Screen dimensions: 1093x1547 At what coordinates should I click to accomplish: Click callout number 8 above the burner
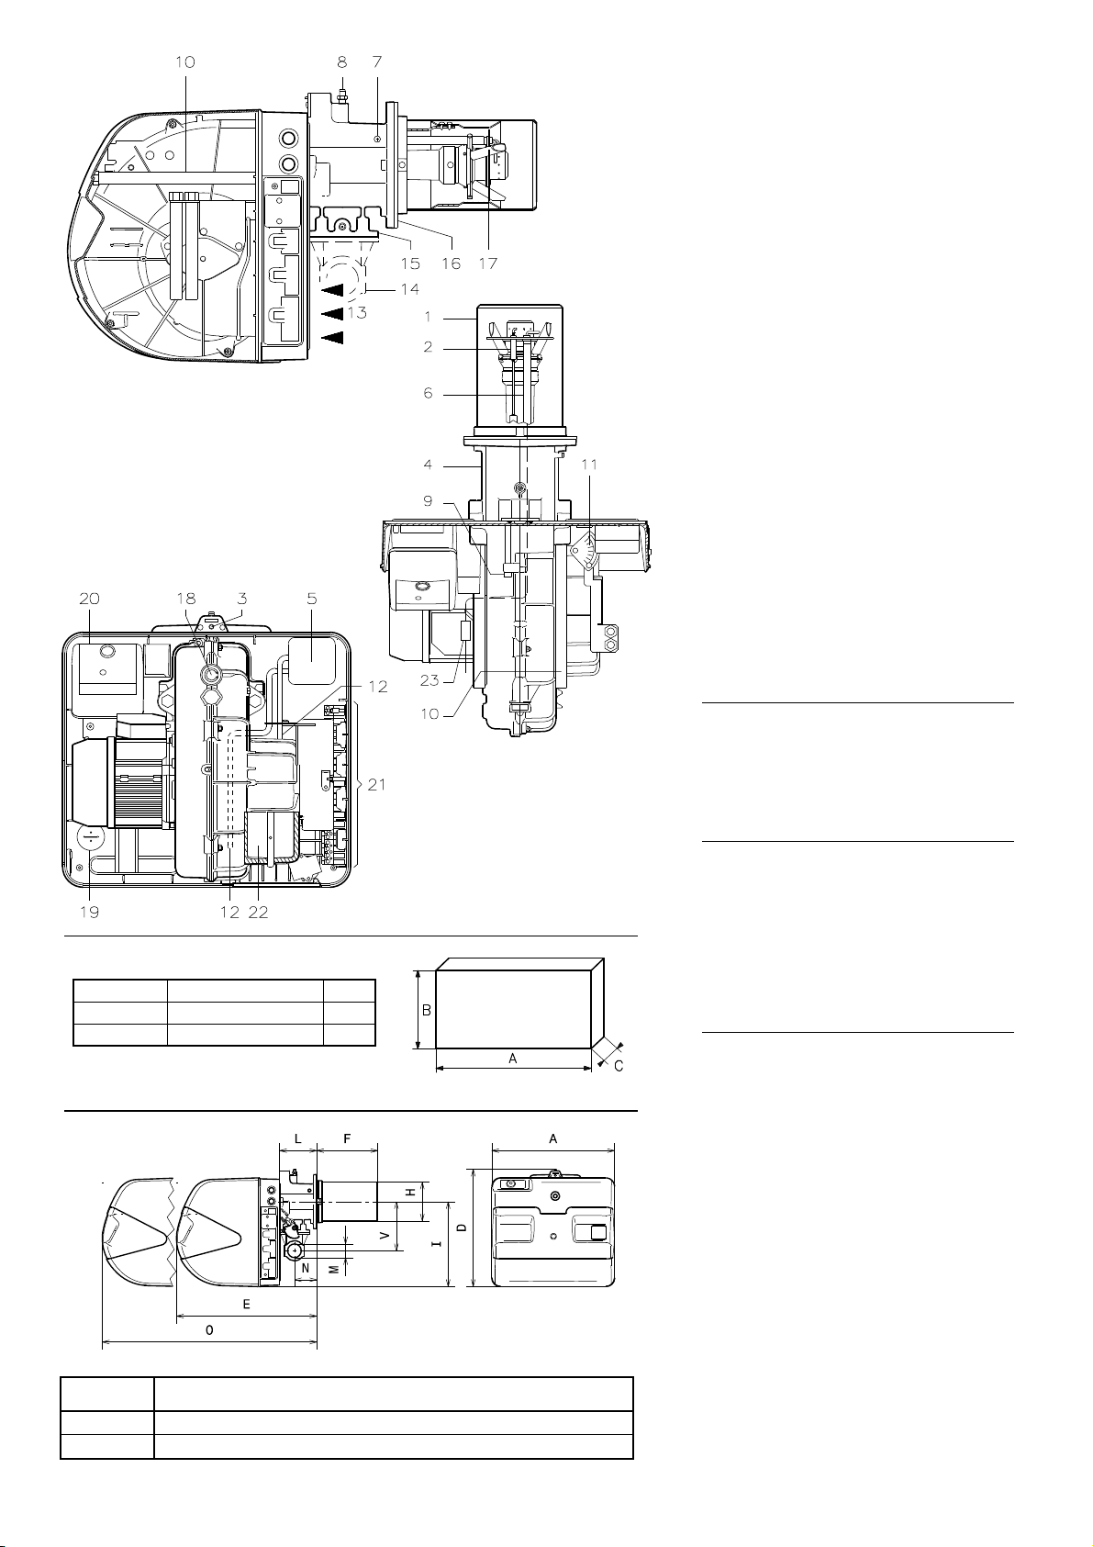pos(341,62)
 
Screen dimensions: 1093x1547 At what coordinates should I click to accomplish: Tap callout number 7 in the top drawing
pos(377,62)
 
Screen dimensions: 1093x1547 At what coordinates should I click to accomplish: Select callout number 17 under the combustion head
pos(488,263)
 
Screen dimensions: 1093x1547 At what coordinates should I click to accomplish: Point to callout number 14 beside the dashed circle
pos(410,288)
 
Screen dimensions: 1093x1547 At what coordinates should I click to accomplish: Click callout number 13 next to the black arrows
pos(357,313)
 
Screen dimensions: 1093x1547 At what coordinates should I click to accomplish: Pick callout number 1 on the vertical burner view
pos(428,317)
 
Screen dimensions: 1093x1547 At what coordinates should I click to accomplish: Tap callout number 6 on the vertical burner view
pos(428,393)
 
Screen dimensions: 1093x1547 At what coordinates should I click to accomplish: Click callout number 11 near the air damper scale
pos(589,465)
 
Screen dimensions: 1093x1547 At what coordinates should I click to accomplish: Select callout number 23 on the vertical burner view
pos(429,680)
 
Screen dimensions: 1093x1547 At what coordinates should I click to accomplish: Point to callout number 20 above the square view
pos(90,599)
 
